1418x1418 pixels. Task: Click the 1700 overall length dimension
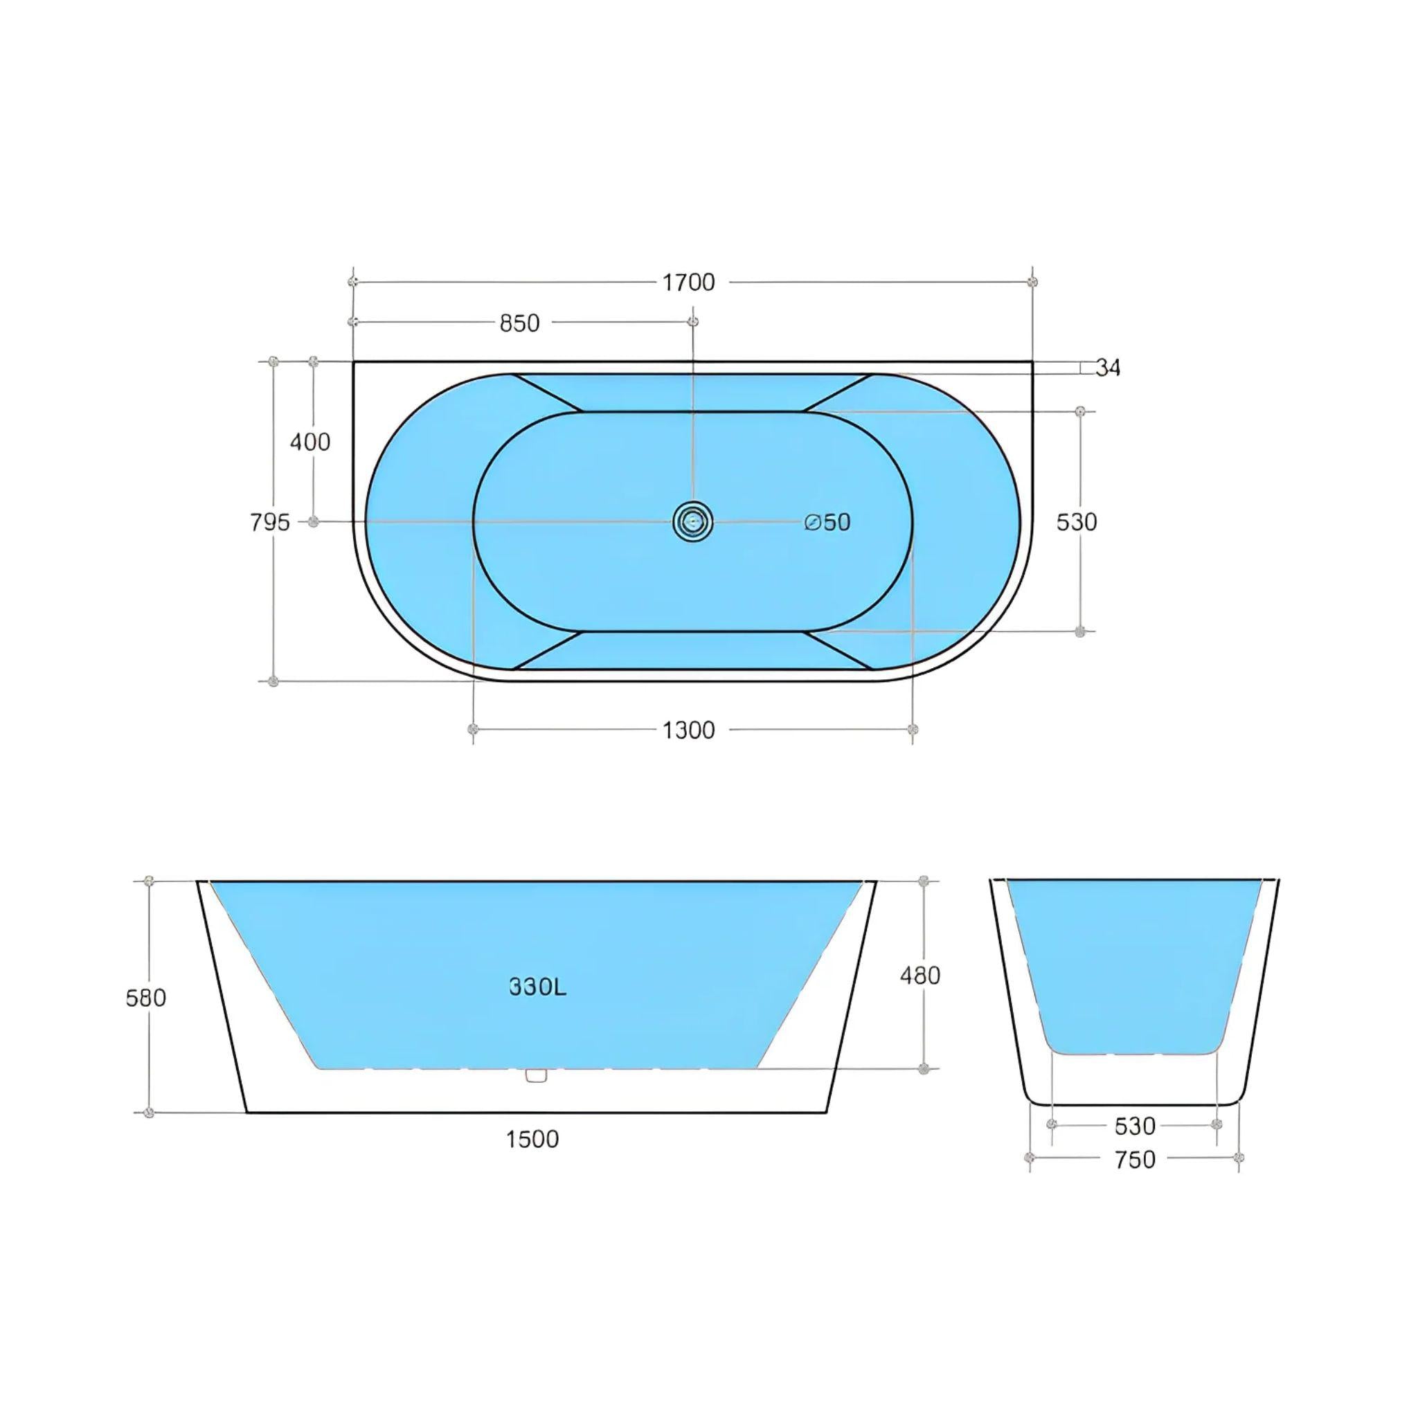pyautogui.click(x=688, y=282)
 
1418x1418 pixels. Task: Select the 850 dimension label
pyautogui.click(x=520, y=323)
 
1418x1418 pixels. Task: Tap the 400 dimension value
pyautogui.click(x=310, y=442)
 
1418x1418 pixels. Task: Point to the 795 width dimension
pyautogui.click(x=270, y=523)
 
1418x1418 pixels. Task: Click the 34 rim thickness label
pyautogui.click(x=1109, y=368)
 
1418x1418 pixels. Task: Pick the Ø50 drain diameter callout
pyautogui.click(x=827, y=522)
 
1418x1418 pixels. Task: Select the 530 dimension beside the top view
pyautogui.click(x=1077, y=522)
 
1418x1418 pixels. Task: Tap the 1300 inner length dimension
pyautogui.click(x=688, y=730)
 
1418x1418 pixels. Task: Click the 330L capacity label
pyautogui.click(x=538, y=987)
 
